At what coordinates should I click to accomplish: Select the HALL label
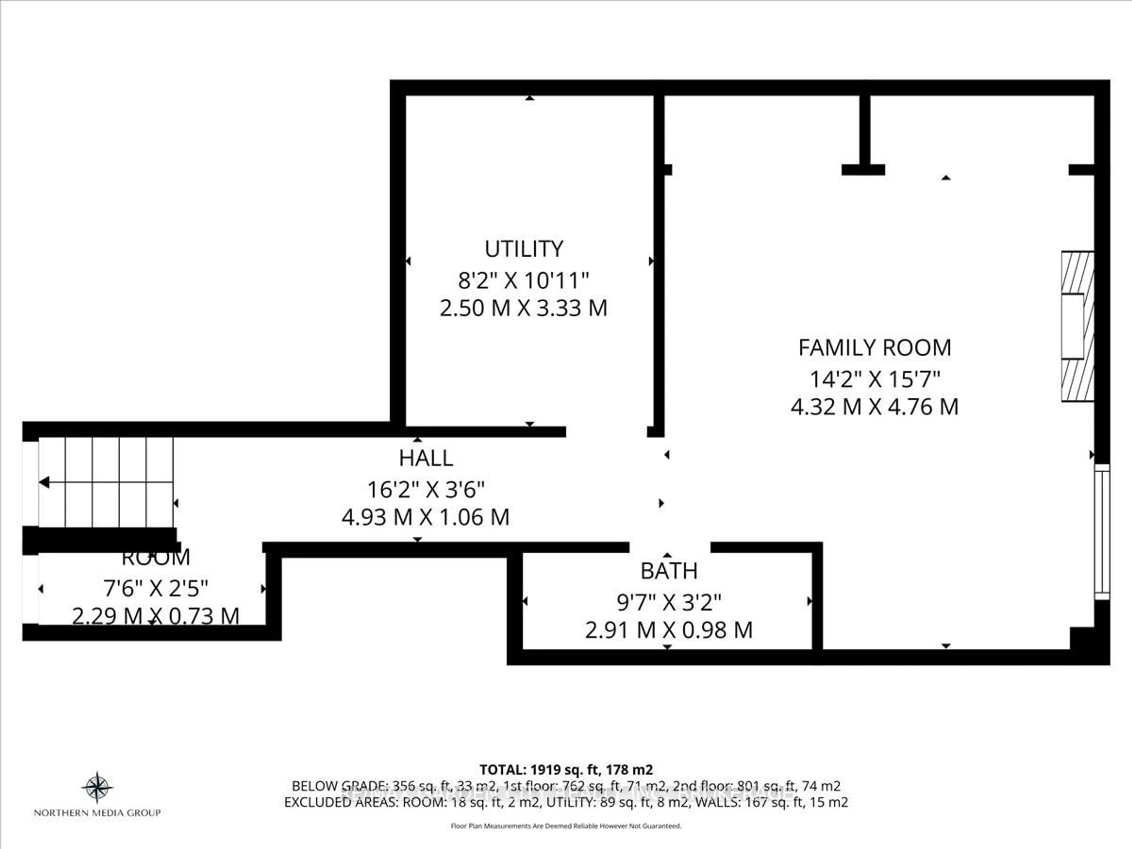coord(426,458)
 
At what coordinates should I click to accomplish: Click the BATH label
coord(669,571)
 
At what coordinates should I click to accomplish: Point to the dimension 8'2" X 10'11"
coord(523,280)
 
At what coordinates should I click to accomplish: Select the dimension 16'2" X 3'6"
coord(426,490)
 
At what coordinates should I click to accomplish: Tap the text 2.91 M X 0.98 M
coord(669,630)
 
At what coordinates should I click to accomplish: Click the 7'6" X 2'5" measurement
coord(156,588)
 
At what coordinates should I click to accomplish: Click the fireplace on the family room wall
coord(1077,326)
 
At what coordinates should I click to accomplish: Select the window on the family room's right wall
coord(1102,532)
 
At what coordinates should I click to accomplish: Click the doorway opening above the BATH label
coord(669,548)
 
